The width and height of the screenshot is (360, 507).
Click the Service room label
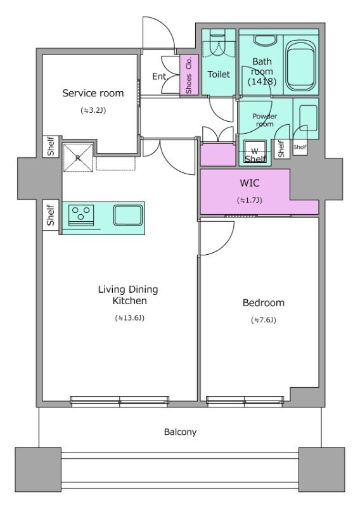coord(93,93)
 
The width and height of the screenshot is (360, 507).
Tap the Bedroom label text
coord(264,303)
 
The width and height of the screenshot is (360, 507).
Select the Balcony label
coord(180,432)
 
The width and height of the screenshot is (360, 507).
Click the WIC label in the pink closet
coord(249,183)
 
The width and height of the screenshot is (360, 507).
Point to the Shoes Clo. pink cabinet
coord(189,75)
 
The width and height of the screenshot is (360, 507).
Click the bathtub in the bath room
coord(301,66)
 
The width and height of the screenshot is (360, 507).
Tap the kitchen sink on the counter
coord(128,215)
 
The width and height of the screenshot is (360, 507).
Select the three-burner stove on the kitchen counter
coord(81,215)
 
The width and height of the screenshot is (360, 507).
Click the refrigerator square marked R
coord(77,157)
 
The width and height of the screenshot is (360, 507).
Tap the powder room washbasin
coord(308,118)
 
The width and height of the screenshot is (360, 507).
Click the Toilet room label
coord(219,74)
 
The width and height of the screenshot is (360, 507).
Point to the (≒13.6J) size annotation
coord(129,318)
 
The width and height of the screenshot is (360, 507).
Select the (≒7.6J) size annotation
coord(264,320)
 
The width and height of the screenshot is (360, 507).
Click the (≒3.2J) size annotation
coord(93,110)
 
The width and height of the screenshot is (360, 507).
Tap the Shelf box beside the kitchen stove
coord(51,215)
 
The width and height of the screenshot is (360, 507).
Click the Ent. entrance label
coord(159,77)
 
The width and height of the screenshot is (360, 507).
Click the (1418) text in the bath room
coord(262,82)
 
